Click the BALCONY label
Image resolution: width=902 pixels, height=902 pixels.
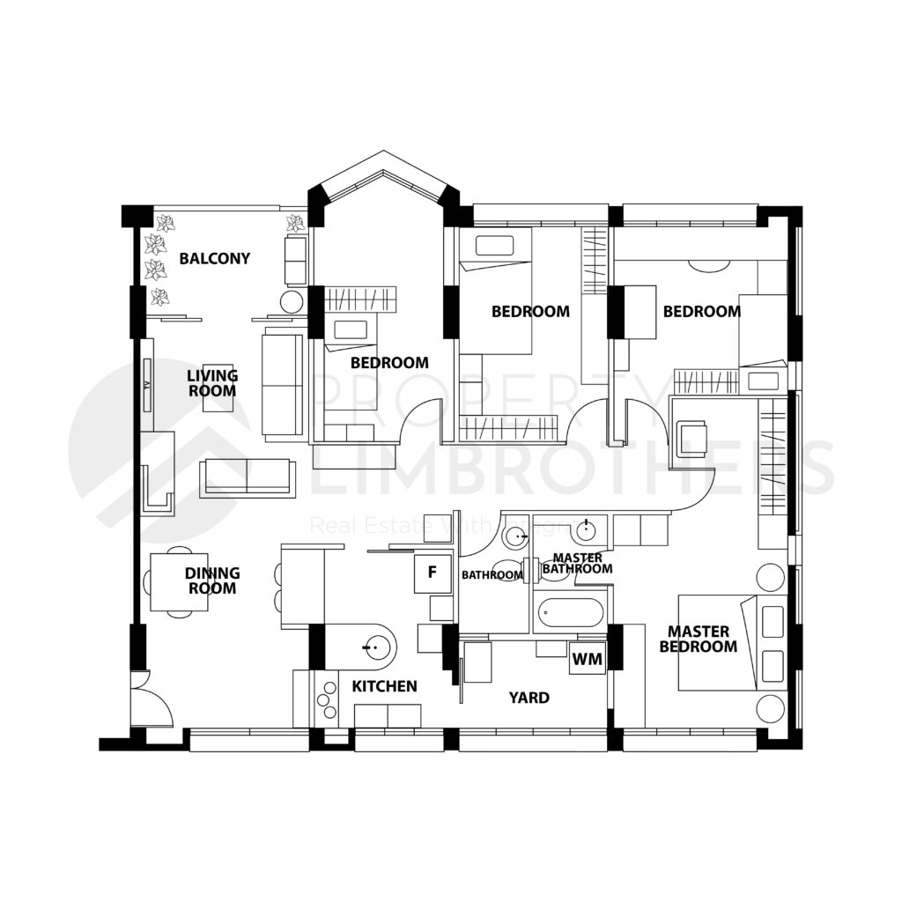(214, 258)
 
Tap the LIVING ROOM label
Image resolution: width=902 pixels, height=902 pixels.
(212, 383)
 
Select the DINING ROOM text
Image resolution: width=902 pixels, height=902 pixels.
(211, 580)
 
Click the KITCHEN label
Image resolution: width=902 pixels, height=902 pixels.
(384, 686)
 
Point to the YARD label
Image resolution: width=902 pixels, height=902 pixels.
(529, 698)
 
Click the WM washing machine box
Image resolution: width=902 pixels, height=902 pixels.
(587, 658)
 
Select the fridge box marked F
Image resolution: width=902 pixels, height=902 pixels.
(432, 573)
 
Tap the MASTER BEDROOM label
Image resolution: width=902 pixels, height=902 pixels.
(702, 639)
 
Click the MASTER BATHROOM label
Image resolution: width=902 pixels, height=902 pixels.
(577, 564)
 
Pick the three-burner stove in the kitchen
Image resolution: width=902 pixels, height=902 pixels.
(326, 696)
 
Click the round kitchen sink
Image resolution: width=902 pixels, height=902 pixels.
(373, 649)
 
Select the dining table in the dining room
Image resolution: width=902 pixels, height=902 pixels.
(179, 581)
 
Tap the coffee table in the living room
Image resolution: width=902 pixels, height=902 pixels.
(218, 388)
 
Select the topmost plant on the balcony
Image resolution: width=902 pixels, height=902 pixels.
(165, 224)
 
